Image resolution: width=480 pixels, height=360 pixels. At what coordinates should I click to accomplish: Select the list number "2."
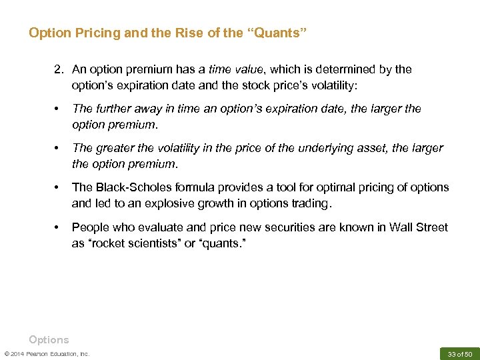tap(60, 69)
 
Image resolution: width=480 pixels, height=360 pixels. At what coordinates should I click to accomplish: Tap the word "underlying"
tap(334, 148)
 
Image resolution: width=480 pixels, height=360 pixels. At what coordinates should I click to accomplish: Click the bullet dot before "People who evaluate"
tap(58, 227)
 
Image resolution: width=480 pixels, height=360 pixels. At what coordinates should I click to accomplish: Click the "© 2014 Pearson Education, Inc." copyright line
tap(47, 353)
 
